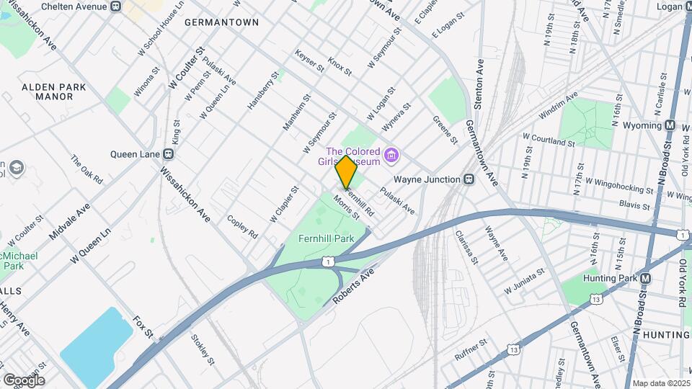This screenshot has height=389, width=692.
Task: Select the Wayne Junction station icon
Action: (x=469, y=179)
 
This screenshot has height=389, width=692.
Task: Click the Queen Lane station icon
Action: (x=168, y=153)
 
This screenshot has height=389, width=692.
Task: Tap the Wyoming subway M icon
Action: (x=670, y=125)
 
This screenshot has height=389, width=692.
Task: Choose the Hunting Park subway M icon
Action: (x=646, y=279)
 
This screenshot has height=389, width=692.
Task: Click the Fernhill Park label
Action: (x=326, y=238)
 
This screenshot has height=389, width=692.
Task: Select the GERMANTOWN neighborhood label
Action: (x=221, y=22)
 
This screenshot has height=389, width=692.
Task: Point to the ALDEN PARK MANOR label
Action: (x=54, y=91)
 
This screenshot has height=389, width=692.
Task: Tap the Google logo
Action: (x=24, y=380)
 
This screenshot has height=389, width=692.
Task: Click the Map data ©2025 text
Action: (x=660, y=383)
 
